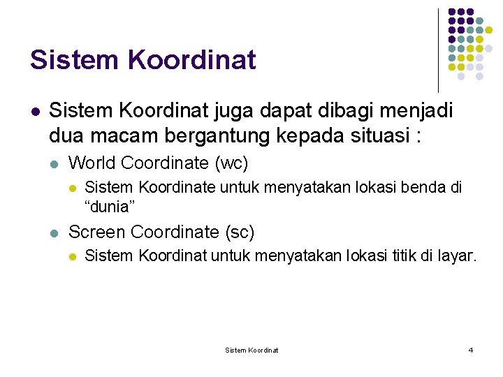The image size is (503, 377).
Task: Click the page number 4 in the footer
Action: (470, 350)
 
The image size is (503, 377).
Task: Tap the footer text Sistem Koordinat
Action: (251, 350)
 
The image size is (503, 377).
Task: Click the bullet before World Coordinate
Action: (54, 164)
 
